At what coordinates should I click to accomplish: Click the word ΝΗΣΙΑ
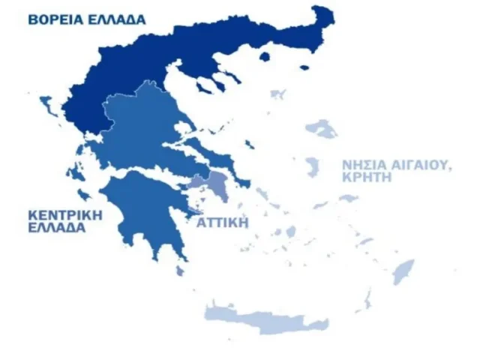pos(363,165)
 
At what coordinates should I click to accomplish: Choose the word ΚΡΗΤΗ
pos(367,178)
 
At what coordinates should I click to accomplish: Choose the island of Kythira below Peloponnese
pos(180,268)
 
